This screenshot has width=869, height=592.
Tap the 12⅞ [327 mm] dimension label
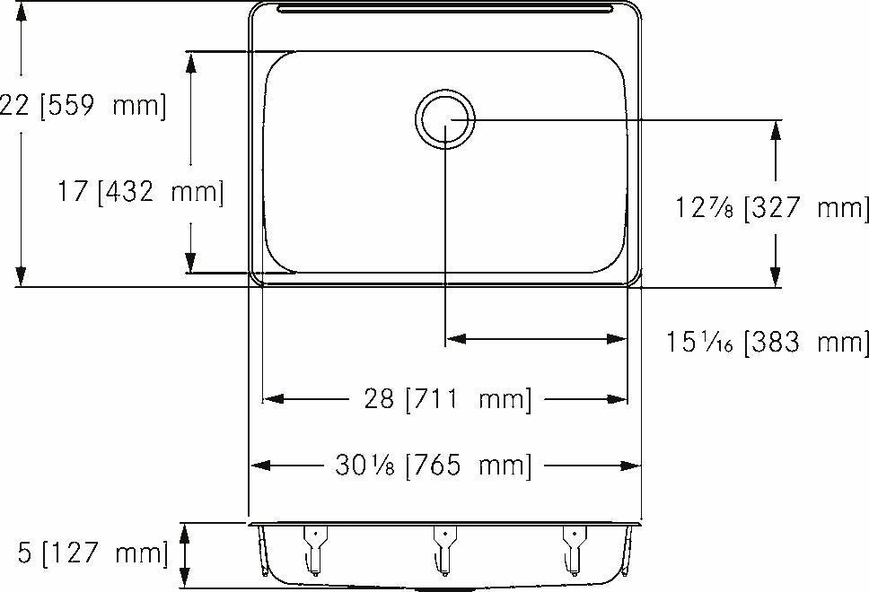pyautogui.click(x=772, y=209)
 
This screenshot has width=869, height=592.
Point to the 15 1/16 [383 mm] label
pyautogui.click(x=767, y=342)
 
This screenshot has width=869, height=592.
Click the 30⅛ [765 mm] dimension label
pyautogui.click(x=434, y=466)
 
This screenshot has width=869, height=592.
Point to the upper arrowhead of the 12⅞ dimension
pyautogui.click(x=776, y=129)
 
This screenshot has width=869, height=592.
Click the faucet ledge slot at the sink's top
pyautogui.click(x=446, y=10)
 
